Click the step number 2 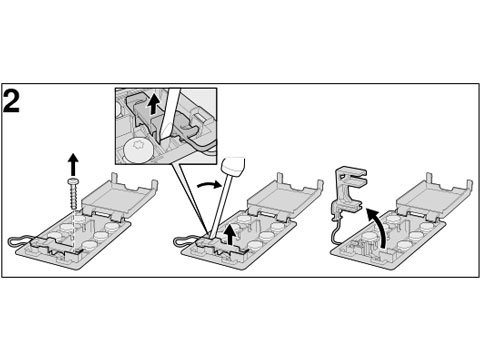[11, 100]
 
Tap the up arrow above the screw [73, 164]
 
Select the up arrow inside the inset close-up [153, 104]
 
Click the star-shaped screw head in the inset [138, 151]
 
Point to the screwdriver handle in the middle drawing [234, 166]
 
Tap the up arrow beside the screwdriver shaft [231, 234]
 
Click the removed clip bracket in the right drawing [348, 192]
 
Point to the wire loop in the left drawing [18, 241]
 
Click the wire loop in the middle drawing [185, 240]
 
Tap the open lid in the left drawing [119, 197]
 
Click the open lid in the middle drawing [284, 197]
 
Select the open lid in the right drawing [434, 197]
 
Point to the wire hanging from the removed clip [335, 230]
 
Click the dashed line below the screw [73, 230]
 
